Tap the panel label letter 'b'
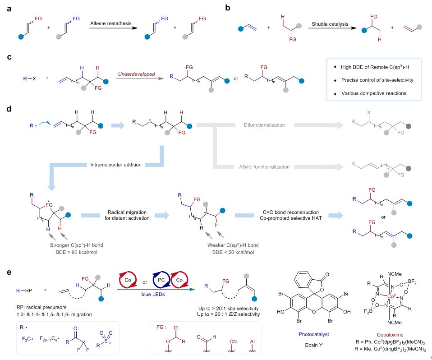(229, 9)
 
